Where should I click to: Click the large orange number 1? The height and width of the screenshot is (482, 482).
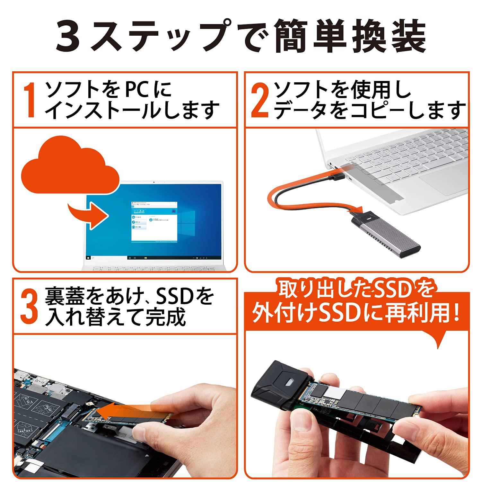point(30,100)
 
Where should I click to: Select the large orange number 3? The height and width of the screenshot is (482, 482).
point(29,307)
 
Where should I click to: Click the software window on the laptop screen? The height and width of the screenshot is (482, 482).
point(154,222)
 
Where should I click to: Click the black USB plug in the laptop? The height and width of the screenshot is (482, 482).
point(337,177)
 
